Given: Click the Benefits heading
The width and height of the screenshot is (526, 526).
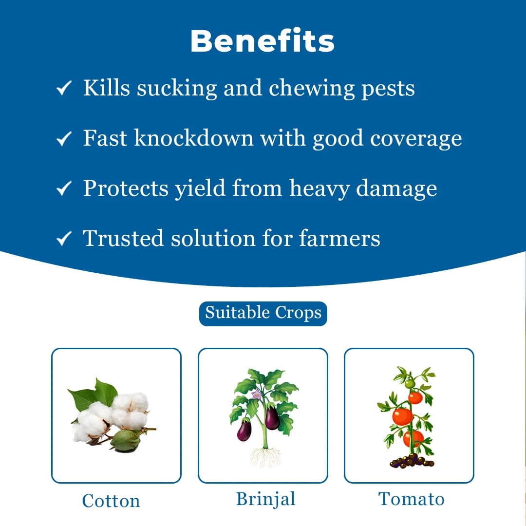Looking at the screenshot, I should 263,41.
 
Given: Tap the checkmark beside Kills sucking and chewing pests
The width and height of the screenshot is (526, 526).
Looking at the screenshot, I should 64,89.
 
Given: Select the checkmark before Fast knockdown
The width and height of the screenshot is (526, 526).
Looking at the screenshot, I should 64,140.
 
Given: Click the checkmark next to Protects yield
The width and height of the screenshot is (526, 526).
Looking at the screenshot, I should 64,189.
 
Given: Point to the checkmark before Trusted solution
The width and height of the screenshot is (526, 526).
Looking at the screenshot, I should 64,239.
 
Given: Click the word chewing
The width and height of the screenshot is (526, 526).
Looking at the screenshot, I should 311,89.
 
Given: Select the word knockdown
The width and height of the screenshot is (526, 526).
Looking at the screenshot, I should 194,138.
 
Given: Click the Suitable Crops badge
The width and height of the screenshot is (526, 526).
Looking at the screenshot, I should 263,313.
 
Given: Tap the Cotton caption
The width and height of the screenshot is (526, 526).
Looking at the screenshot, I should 111,501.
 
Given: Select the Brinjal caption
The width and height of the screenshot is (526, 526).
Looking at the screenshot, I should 265,499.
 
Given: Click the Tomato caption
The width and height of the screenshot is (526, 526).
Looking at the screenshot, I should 412,499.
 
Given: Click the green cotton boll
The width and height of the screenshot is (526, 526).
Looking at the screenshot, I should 125,439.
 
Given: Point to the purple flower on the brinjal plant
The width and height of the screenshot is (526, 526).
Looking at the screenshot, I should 256,394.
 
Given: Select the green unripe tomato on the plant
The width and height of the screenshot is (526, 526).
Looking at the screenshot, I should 410,384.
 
